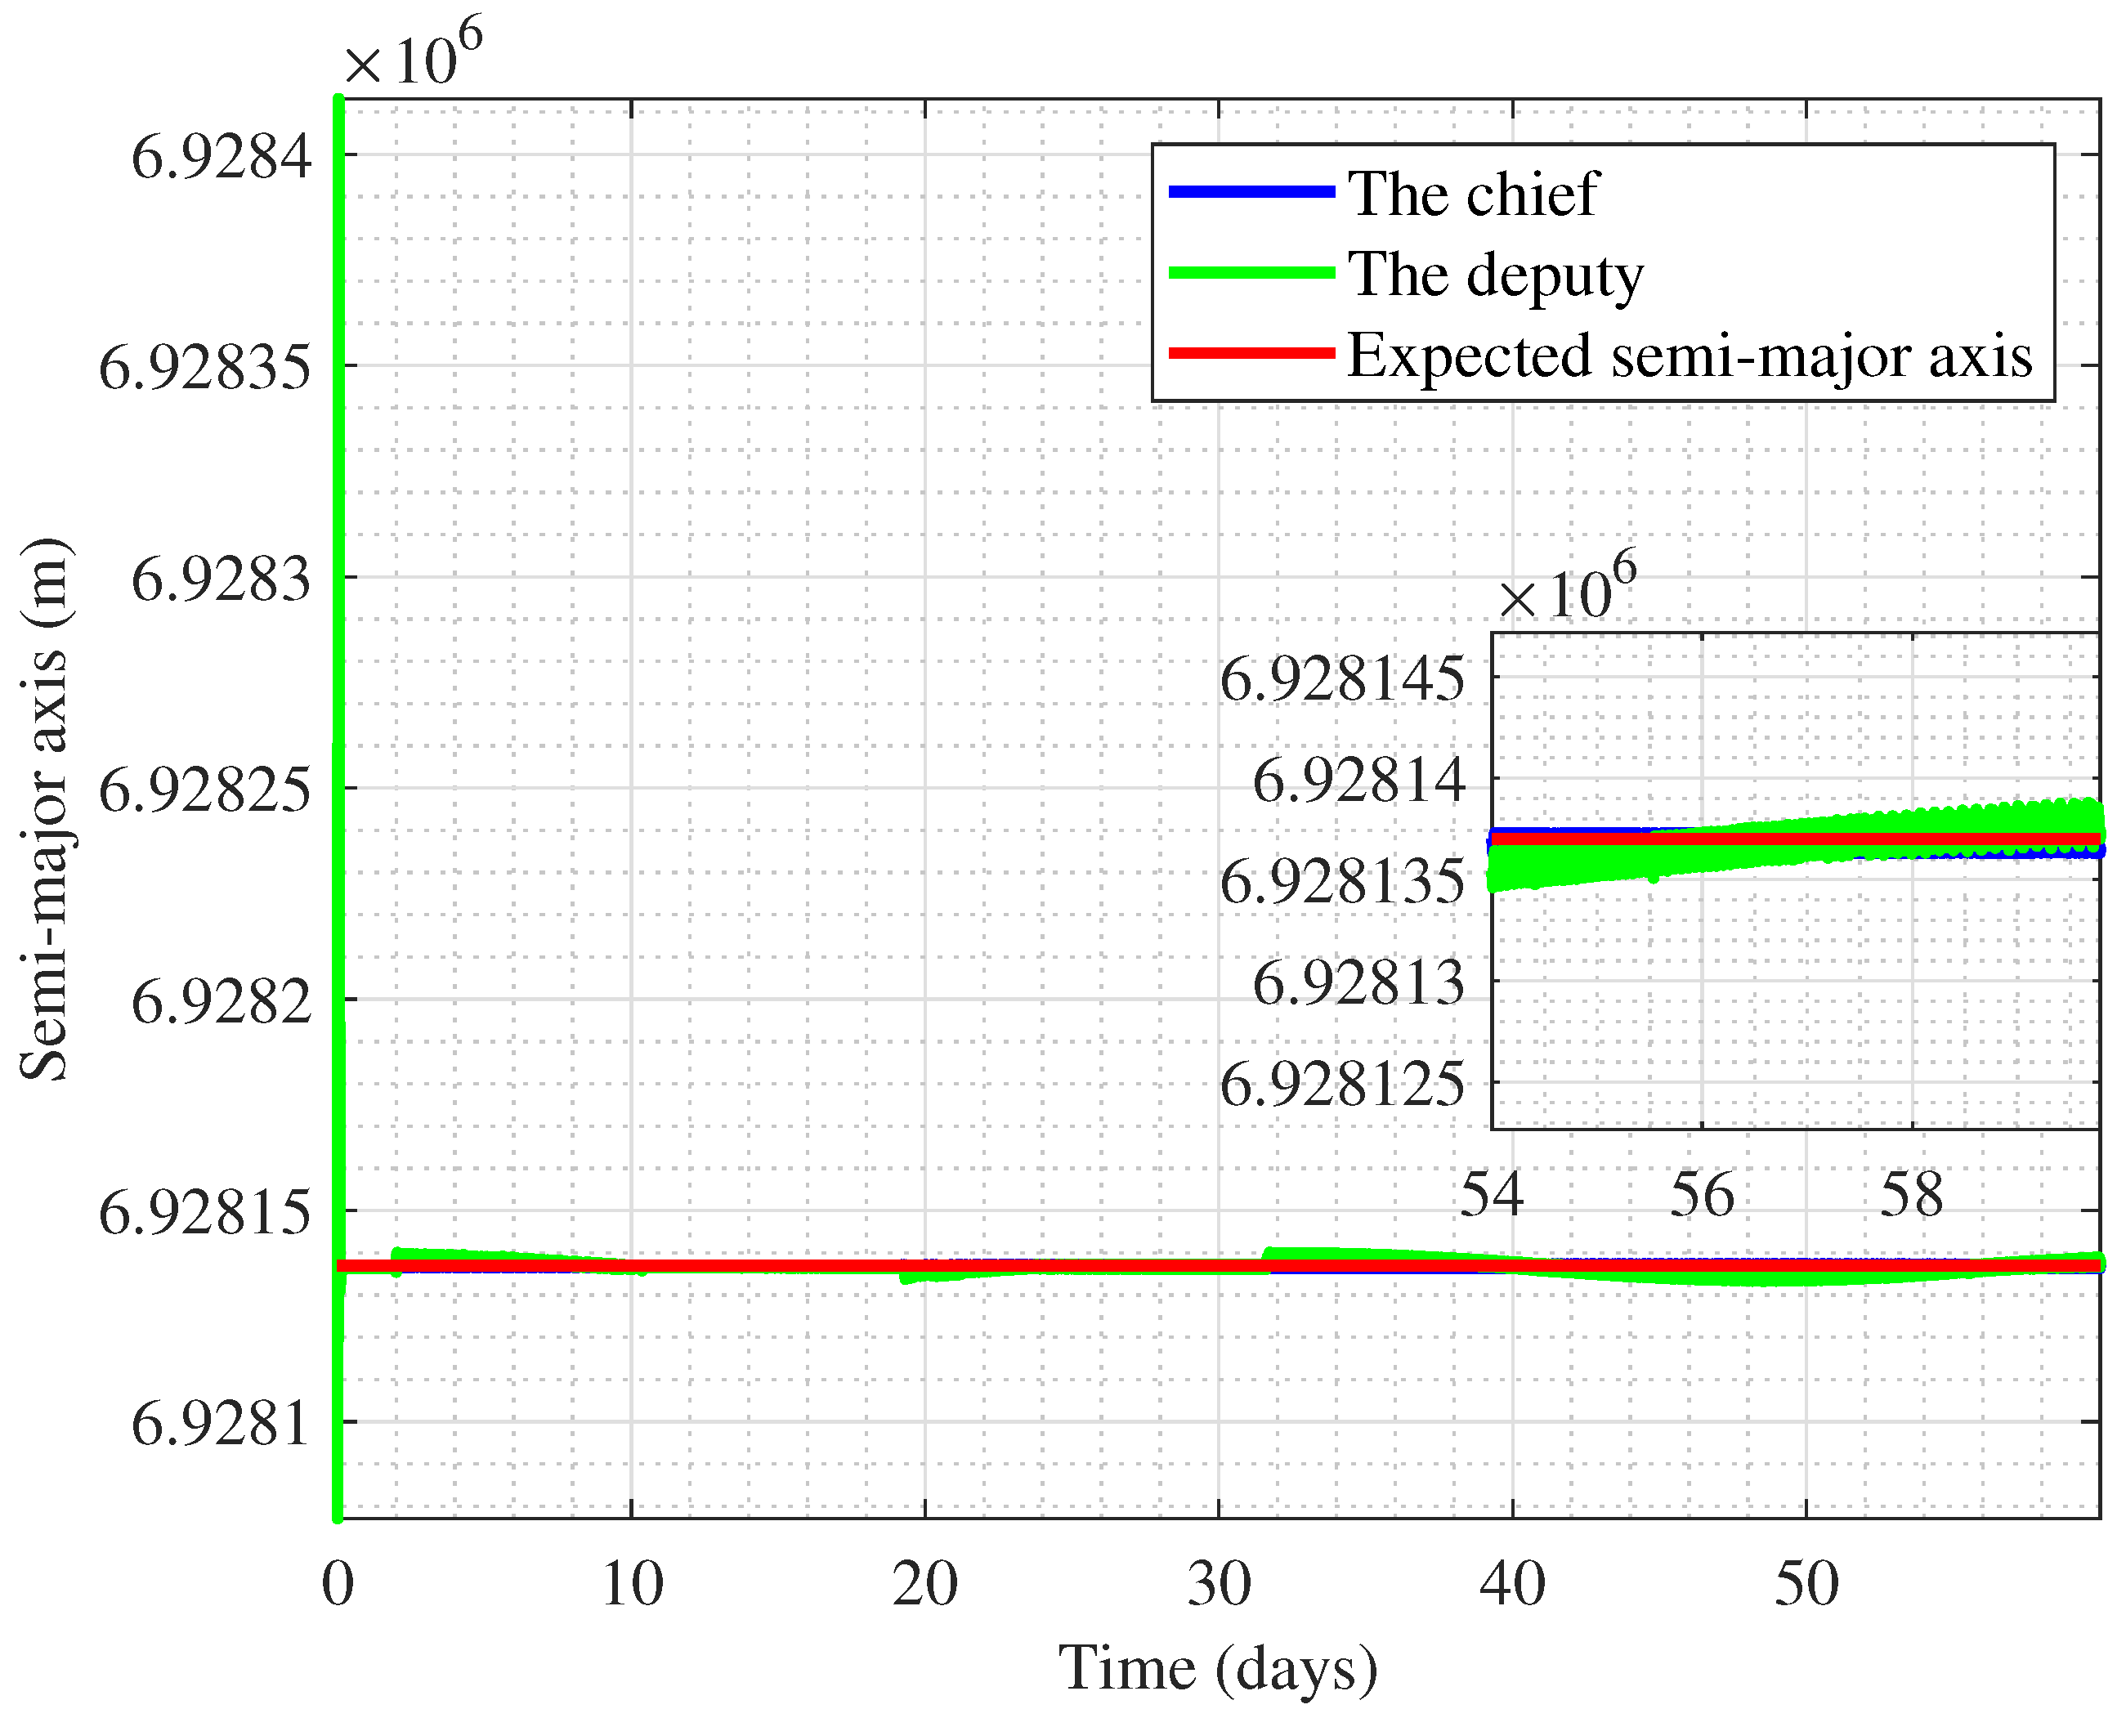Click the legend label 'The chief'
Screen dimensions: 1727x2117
(x=1471, y=193)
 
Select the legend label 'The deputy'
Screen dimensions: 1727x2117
(x=1494, y=275)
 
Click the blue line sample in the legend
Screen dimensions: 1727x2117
(x=1251, y=191)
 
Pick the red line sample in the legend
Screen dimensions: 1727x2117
(x=1251, y=353)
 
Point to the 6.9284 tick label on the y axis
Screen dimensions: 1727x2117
(x=222, y=156)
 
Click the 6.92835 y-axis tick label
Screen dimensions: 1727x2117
(x=205, y=367)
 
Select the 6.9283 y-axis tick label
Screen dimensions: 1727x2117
(x=222, y=579)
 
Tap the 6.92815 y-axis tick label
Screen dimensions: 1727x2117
(x=205, y=1213)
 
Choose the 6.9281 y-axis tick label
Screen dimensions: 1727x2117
(x=222, y=1424)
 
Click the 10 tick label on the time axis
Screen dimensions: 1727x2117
(x=632, y=1584)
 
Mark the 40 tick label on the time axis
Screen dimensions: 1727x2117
(x=1512, y=1584)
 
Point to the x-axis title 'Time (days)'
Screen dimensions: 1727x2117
(x=1218, y=1668)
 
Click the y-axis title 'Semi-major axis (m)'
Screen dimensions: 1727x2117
(x=45, y=808)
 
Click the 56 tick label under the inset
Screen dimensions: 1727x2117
(x=1701, y=1195)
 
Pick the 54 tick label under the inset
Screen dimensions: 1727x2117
(x=1491, y=1195)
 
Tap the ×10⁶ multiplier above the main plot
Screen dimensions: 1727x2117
(x=413, y=55)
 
